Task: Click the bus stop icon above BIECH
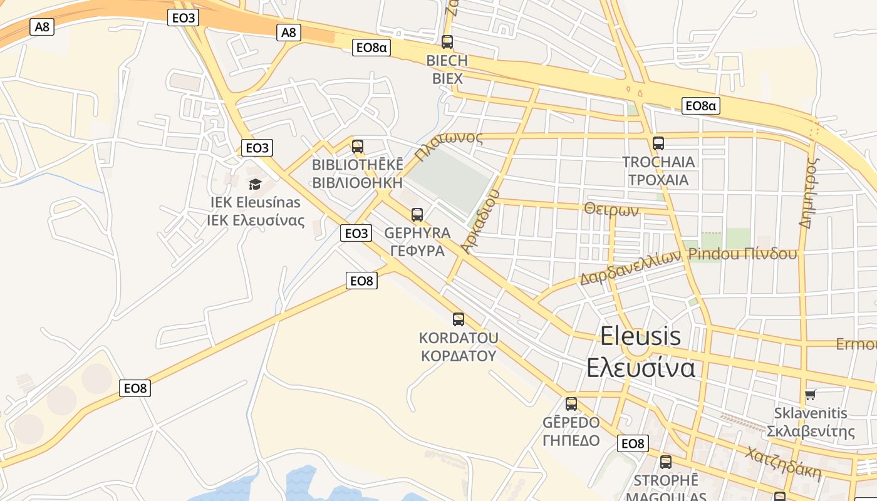447,42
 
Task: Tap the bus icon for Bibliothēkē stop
357,147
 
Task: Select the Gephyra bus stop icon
417,215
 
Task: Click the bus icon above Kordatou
459,319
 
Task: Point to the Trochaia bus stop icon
658,143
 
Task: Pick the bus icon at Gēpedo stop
571,404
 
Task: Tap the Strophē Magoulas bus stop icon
666,462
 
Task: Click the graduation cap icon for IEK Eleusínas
255,184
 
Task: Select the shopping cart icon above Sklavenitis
811,395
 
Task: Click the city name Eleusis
640,336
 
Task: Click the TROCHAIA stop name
658,162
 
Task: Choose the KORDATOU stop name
459,338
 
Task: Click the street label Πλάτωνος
449,145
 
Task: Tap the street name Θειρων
611,209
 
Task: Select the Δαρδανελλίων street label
630,268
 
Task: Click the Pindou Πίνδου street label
742,254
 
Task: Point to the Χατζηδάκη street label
783,462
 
